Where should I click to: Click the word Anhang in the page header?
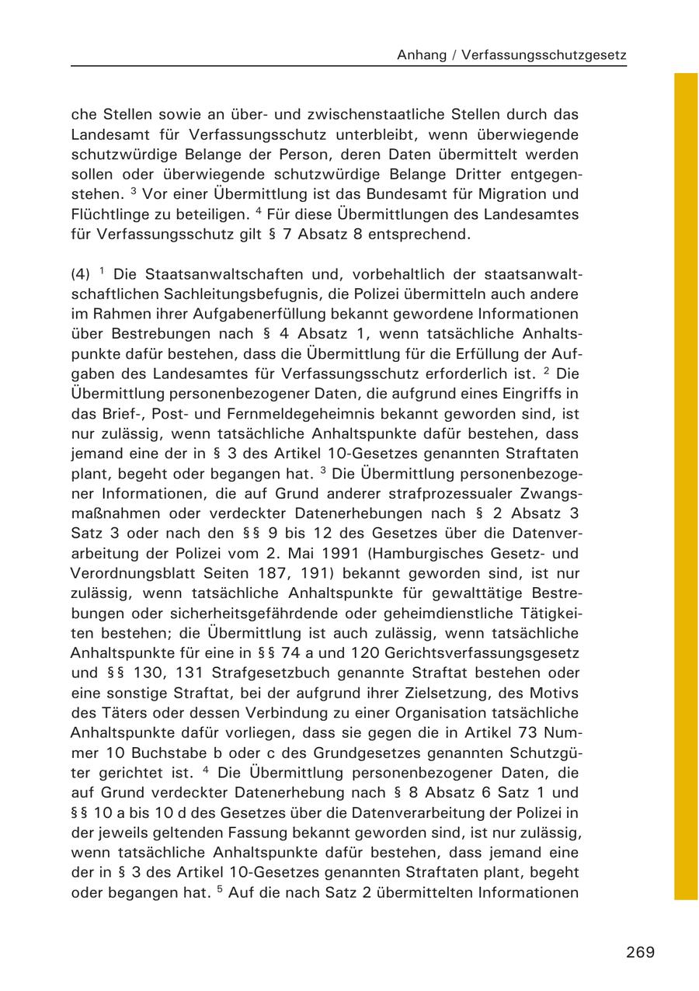click(x=422, y=55)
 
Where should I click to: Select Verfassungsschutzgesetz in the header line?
click(x=544, y=55)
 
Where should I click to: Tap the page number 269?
click(x=640, y=952)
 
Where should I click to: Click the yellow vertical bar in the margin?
click(x=686, y=485)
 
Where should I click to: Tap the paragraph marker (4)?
click(x=81, y=274)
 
